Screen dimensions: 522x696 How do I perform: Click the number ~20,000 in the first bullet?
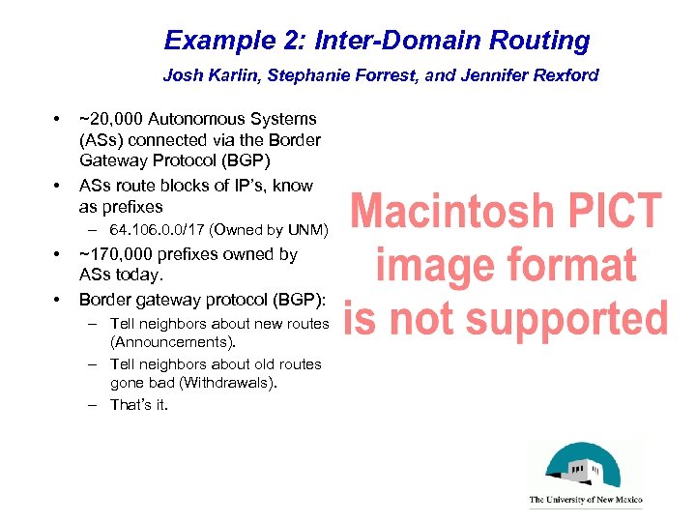click(110, 119)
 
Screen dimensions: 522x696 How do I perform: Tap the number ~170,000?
click(115, 255)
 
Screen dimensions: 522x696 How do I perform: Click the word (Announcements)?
click(173, 342)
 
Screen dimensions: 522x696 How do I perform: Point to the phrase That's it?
click(139, 405)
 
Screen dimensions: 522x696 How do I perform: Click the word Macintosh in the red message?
click(454, 211)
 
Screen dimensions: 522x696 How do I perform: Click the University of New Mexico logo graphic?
click(585, 467)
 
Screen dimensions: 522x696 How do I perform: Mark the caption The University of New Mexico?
click(585, 501)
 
